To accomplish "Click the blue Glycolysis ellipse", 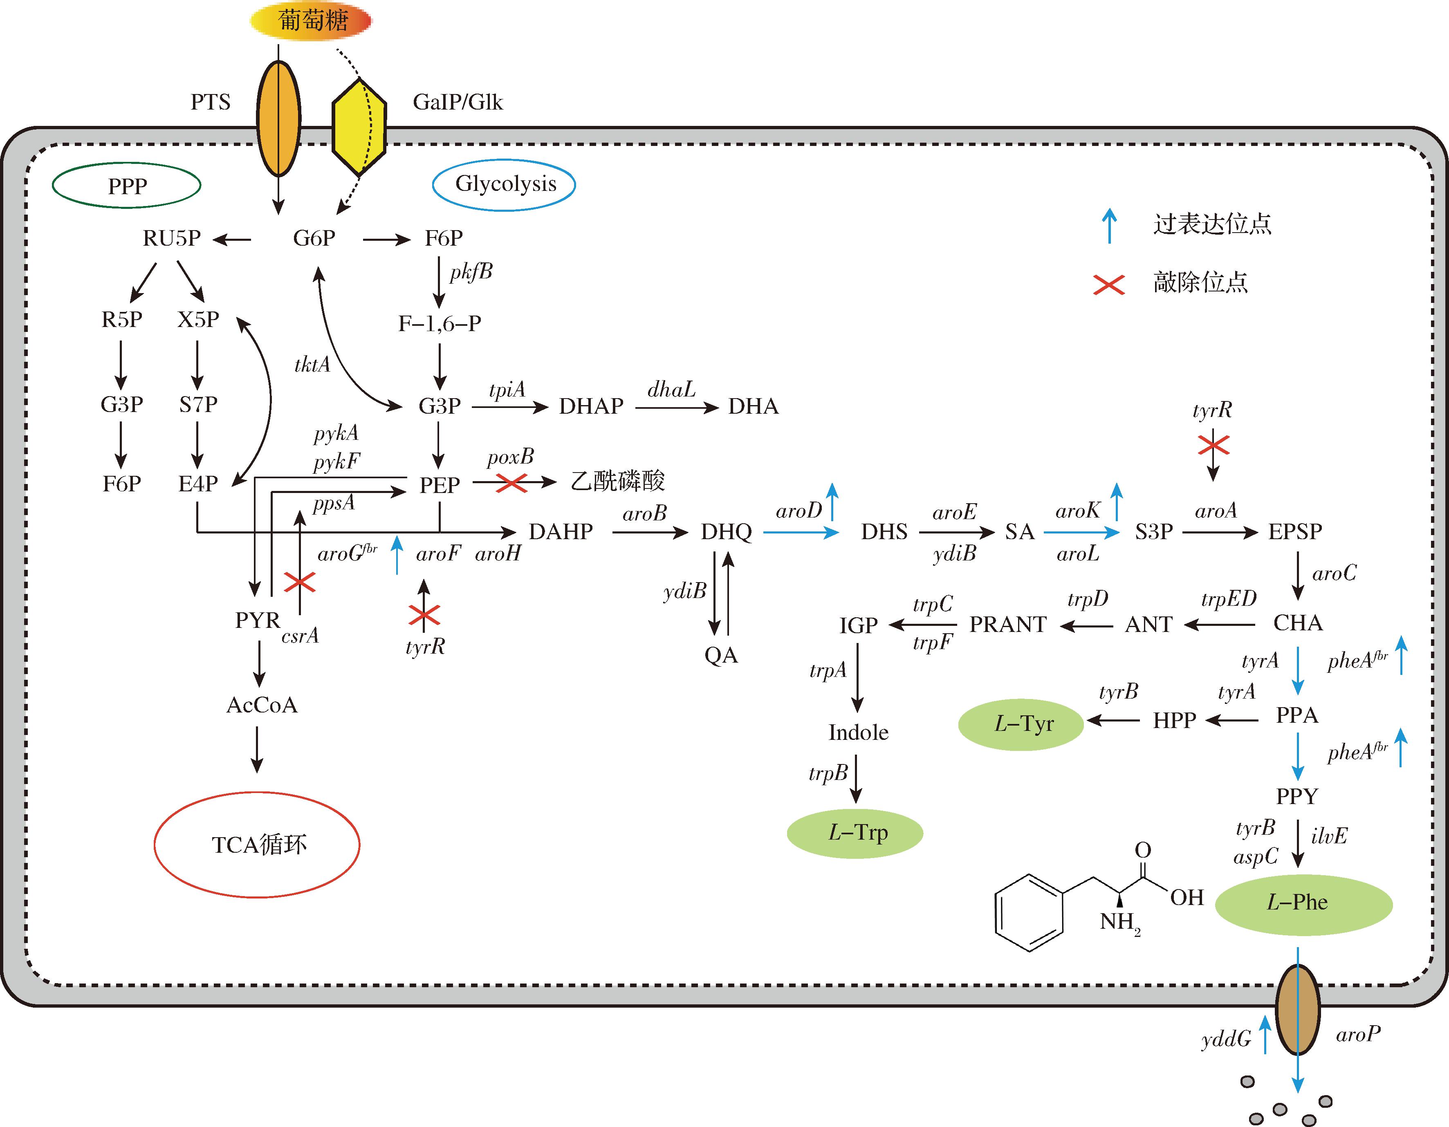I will coord(504,184).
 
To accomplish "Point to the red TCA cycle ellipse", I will coord(258,845).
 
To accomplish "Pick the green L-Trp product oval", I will coord(855,833).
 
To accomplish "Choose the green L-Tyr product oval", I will coord(1021,724).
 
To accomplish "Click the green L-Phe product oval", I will coord(1303,903).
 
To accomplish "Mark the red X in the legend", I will coord(1109,285).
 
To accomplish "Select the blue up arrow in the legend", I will coord(1109,226).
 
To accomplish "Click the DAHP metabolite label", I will coord(561,531).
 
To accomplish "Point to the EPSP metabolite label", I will coord(1295,531).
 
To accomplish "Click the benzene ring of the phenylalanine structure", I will coord(1029,912).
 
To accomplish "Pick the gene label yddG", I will coord(1226,1039).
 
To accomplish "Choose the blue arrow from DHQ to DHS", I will coord(801,532).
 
